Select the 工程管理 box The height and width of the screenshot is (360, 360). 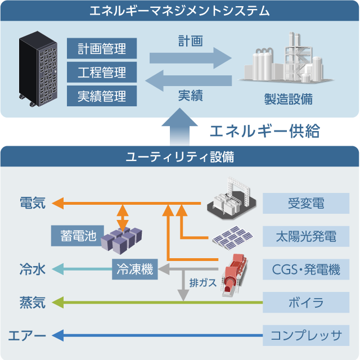click(x=102, y=72)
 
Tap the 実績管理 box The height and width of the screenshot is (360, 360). click(x=102, y=96)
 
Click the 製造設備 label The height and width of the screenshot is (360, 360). click(x=289, y=99)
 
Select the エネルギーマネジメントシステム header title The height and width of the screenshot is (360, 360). click(x=180, y=11)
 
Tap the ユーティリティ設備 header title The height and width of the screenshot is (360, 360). click(x=180, y=156)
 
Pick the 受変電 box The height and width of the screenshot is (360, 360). click(x=306, y=203)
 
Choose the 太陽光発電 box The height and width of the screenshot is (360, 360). click(x=306, y=236)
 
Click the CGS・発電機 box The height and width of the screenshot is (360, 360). click(x=306, y=269)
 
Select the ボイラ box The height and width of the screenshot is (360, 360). click(x=306, y=303)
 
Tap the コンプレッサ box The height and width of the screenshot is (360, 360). click(x=306, y=336)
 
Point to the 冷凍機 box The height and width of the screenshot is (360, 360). click(x=135, y=269)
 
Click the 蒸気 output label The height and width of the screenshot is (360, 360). click(x=32, y=303)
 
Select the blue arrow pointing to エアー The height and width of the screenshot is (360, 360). click(x=157, y=336)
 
